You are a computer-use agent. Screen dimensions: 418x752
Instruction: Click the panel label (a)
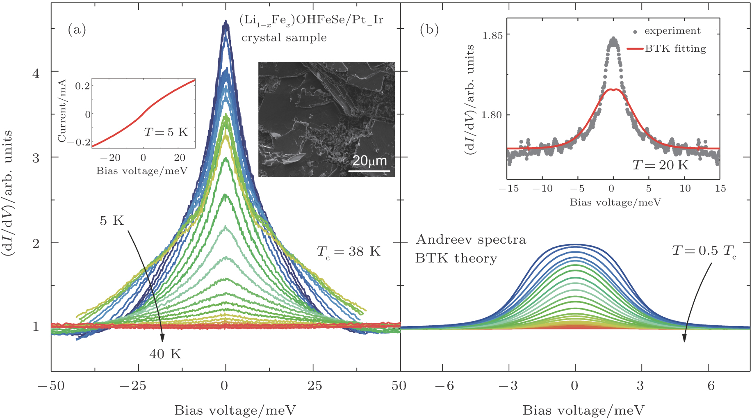(x=77, y=30)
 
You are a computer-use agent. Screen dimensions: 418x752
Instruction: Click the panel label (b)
(x=429, y=30)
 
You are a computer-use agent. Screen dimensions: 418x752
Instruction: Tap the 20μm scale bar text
(x=369, y=161)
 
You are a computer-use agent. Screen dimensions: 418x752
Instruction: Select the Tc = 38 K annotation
(x=349, y=251)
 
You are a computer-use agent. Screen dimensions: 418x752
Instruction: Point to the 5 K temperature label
(x=112, y=221)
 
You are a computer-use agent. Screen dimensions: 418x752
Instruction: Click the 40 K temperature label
(x=165, y=354)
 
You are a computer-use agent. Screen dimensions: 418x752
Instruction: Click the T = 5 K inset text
(x=166, y=132)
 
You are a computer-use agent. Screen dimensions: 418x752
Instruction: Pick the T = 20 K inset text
(x=660, y=165)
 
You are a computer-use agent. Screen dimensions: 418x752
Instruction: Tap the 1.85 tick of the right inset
(x=492, y=36)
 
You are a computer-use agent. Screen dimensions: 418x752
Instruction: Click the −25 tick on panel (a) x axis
(x=133, y=386)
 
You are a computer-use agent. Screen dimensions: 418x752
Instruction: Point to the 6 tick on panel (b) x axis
(x=711, y=386)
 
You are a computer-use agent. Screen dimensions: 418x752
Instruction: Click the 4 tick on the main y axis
(x=36, y=73)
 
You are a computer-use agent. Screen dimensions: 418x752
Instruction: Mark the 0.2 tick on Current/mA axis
(x=82, y=86)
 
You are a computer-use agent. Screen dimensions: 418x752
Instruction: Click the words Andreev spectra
(x=471, y=240)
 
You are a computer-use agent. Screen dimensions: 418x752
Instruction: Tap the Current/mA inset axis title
(x=62, y=111)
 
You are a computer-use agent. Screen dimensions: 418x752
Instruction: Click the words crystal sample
(x=284, y=38)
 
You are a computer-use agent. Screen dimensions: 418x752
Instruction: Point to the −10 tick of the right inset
(x=542, y=188)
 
